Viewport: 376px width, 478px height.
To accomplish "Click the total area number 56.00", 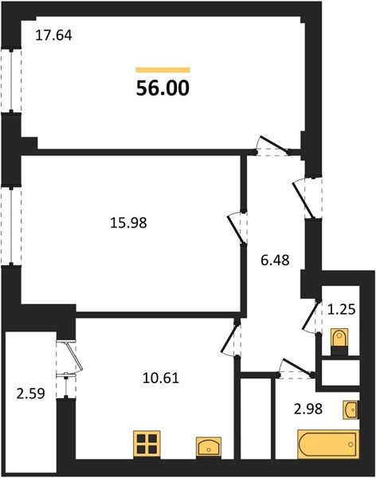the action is (x=163, y=88).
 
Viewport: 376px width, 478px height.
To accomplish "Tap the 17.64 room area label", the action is (x=53, y=35).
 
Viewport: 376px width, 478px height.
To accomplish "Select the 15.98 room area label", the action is (x=128, y=223).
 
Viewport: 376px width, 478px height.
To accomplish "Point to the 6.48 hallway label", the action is (x=275, y=261).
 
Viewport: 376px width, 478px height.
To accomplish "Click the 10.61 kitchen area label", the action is (x=161, y=378).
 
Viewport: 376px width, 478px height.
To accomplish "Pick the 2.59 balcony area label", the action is (x=30, y=394).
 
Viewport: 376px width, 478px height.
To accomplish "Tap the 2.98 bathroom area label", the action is (x=308, y=409).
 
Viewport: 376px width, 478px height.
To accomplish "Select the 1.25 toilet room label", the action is (x=342, y=309).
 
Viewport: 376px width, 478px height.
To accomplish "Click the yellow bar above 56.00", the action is (x=163, y=70).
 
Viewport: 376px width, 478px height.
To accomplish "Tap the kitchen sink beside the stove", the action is (x=209, y=448).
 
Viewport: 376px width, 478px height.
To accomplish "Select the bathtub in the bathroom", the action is (x=328, y=444).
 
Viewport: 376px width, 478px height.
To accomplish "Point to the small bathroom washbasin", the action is (x=351, y=410).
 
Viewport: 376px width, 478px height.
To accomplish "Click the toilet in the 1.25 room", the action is (x=339, y=342).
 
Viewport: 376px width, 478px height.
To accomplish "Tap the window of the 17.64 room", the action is (x=11, y=80).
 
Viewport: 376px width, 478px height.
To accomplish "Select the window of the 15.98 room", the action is (x=11, y=225).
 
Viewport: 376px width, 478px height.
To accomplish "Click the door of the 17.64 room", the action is (x=272, y=146).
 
